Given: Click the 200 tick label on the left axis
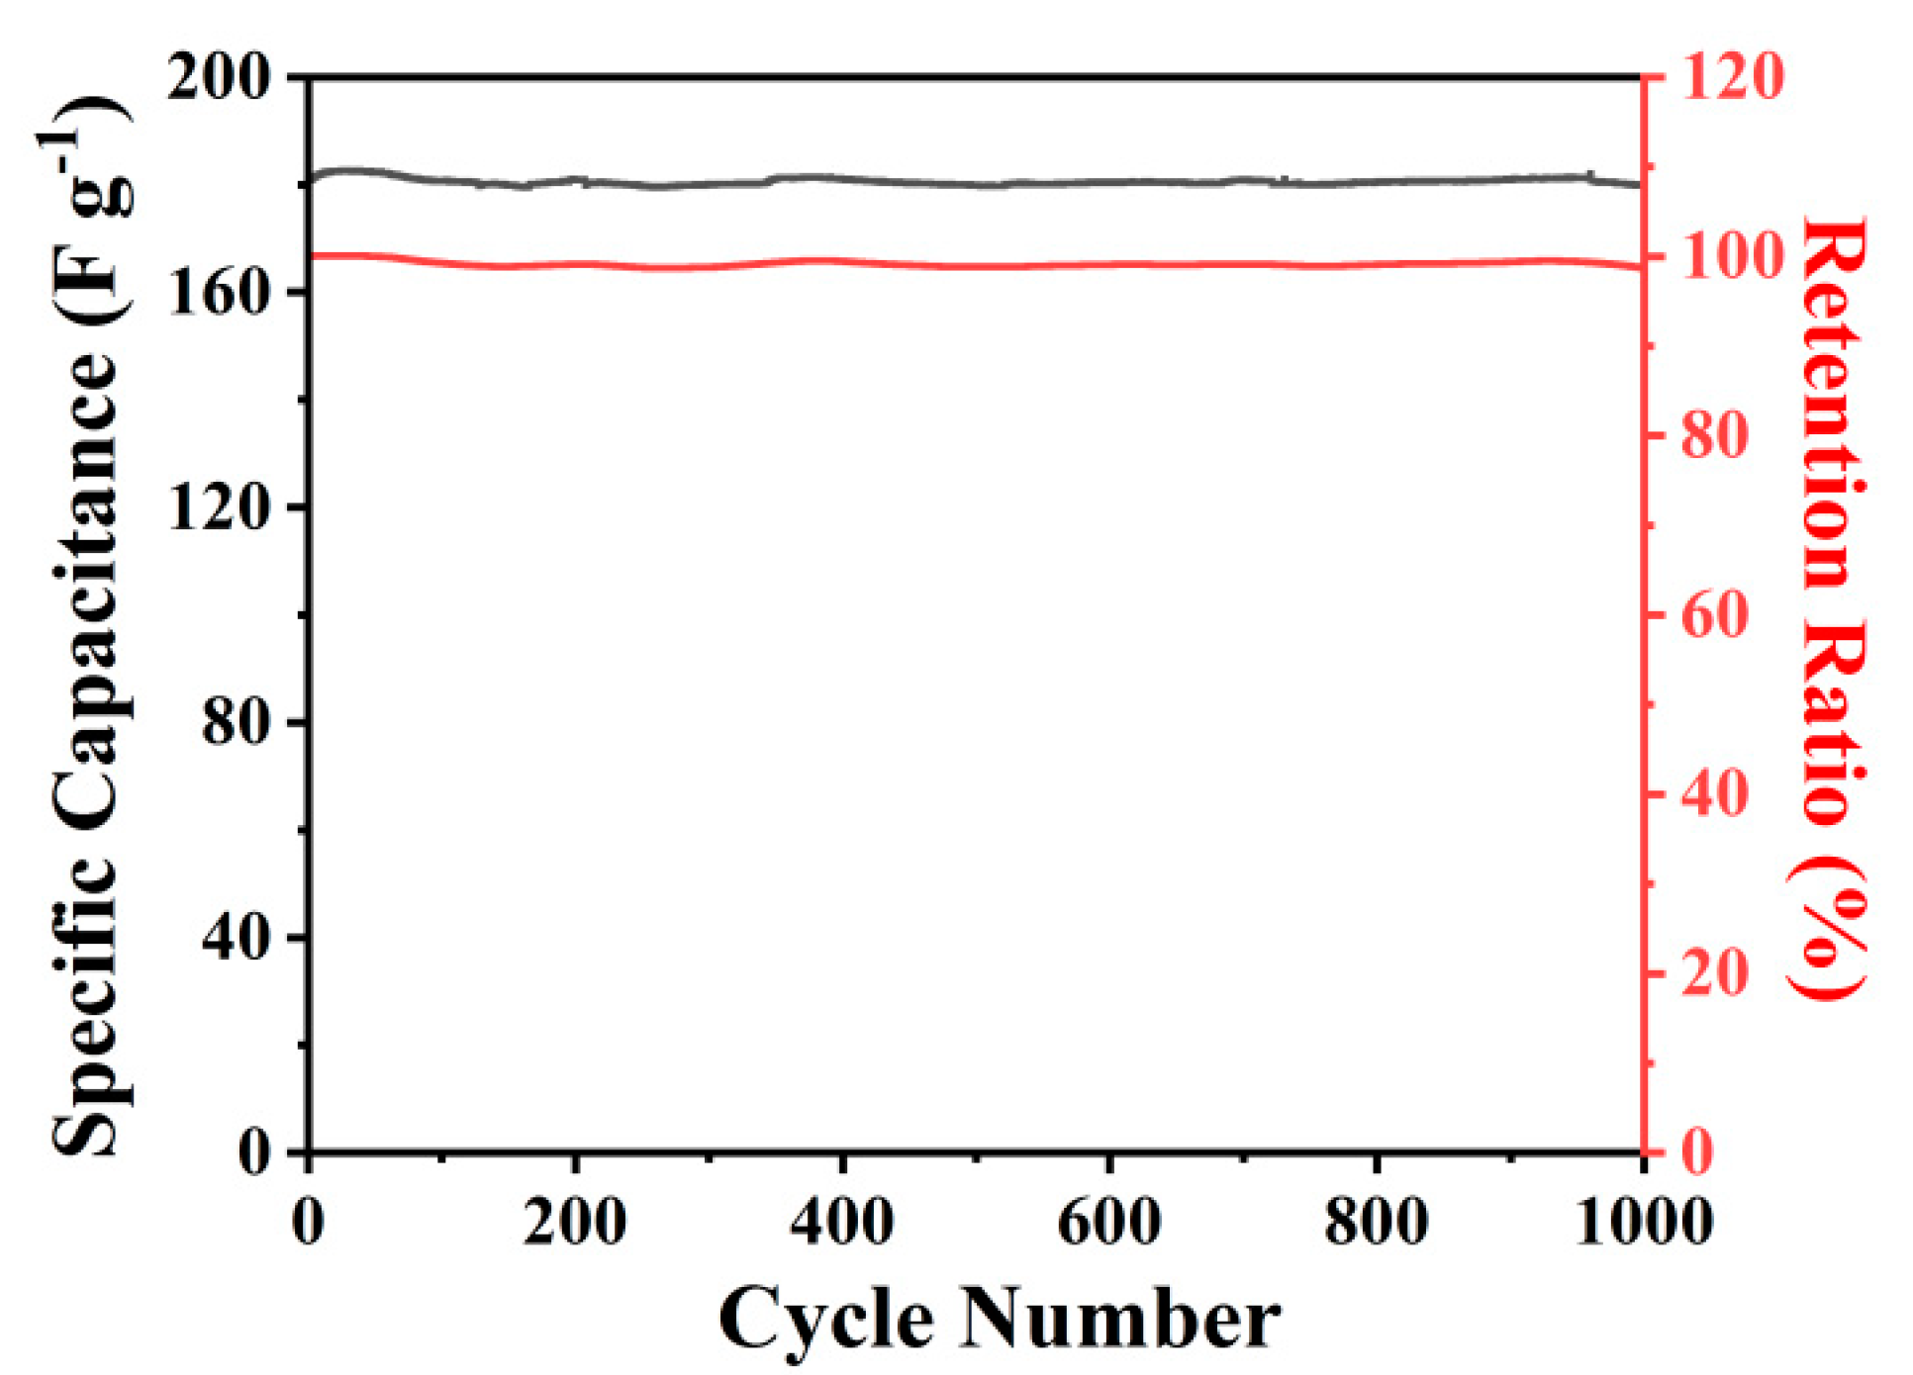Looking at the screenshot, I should pos(219,76).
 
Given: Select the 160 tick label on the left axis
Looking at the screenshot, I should pos(219,292).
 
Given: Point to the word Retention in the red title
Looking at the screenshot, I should pos(1830,406).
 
